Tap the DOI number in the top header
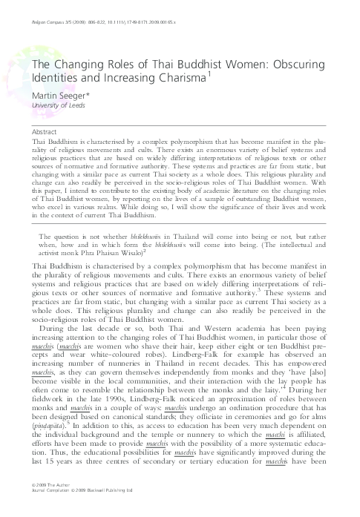click(160, 11)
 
